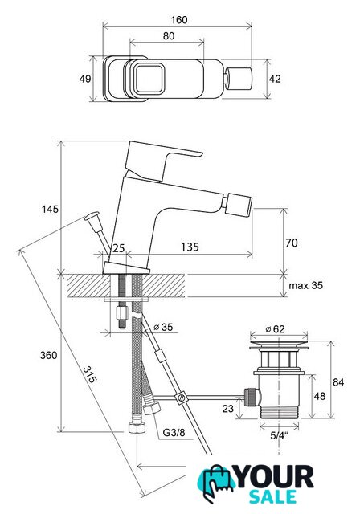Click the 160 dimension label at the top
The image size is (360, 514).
(179, 19)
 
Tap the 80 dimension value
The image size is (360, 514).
(169, 35)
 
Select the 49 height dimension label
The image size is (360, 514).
(85, 79)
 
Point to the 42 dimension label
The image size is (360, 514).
(275, 79)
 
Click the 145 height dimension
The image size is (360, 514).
(50, 209)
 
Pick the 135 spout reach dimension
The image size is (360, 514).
(190, 247)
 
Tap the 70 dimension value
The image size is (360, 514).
(292, 243)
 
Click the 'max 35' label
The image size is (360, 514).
(305, 285)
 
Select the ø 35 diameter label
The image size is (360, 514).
(163, 327)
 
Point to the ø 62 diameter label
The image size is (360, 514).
(275, 328)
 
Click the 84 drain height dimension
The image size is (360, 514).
(338, 382)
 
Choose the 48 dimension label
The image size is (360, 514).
(320, 396)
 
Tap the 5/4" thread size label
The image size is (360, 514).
(279, 435)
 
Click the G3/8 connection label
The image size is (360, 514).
(174, 433)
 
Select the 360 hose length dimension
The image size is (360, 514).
(48, 355)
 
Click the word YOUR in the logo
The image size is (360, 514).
(275, 477)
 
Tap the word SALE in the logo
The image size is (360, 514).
(272, 497)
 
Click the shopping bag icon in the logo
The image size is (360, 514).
(215, 482)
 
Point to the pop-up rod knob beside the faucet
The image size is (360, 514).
(92, 218)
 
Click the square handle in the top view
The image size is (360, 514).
(149, 79)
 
